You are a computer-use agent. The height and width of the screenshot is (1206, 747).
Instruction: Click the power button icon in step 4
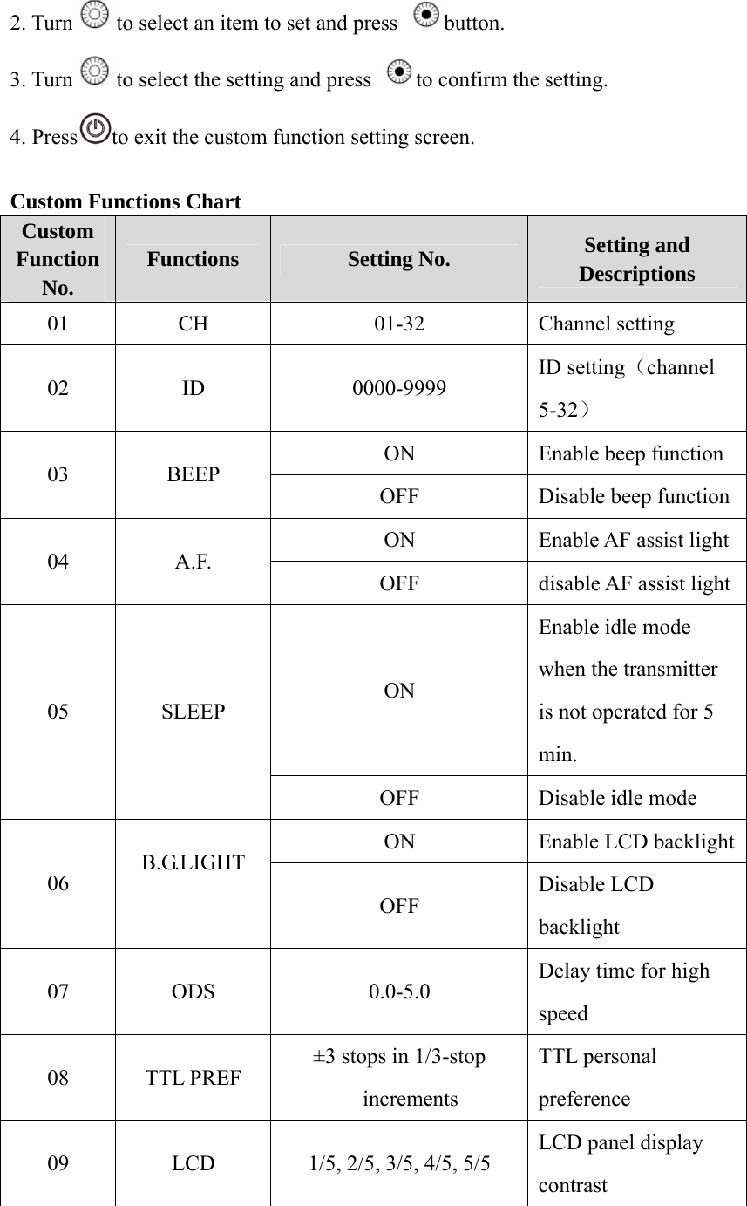(95, 129)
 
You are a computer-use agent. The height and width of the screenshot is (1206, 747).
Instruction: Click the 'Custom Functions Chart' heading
(126, 202)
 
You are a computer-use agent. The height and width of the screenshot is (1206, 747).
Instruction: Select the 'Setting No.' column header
(399, 259)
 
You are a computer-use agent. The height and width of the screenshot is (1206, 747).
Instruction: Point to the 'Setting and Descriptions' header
(636, 259)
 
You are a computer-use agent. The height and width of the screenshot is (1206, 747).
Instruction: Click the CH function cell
(193, 324)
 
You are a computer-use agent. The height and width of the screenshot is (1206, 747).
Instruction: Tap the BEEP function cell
(193, 475)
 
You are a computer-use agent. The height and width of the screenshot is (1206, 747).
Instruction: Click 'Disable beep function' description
(634, 496)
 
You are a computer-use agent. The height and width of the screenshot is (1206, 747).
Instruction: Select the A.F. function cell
(193, 561)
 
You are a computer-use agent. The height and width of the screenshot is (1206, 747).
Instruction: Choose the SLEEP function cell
(193, 711)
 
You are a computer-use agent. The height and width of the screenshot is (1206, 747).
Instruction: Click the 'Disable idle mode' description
(617, 798)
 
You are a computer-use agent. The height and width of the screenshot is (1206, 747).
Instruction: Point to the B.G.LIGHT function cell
(193, 863)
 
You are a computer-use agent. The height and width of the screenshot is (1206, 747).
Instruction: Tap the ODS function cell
(193, 991)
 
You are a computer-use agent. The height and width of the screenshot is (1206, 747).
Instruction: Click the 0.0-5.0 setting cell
(399, 991)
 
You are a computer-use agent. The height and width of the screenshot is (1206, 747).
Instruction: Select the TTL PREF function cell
(193, 1077)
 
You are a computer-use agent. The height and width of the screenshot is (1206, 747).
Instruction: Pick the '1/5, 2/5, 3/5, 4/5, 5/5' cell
(399, 1163)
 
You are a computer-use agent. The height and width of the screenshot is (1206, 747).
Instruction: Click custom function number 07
(58, 991)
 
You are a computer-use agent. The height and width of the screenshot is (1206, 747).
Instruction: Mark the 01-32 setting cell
(399, 324)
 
